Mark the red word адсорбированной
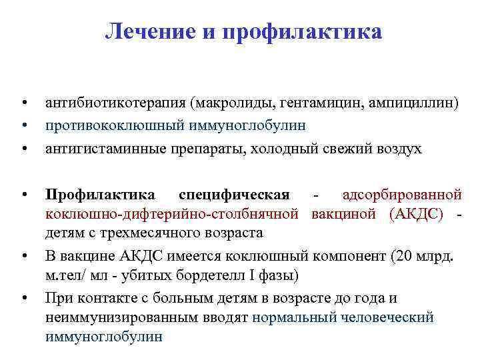coord(402,195)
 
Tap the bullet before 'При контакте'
coord(23,297)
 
